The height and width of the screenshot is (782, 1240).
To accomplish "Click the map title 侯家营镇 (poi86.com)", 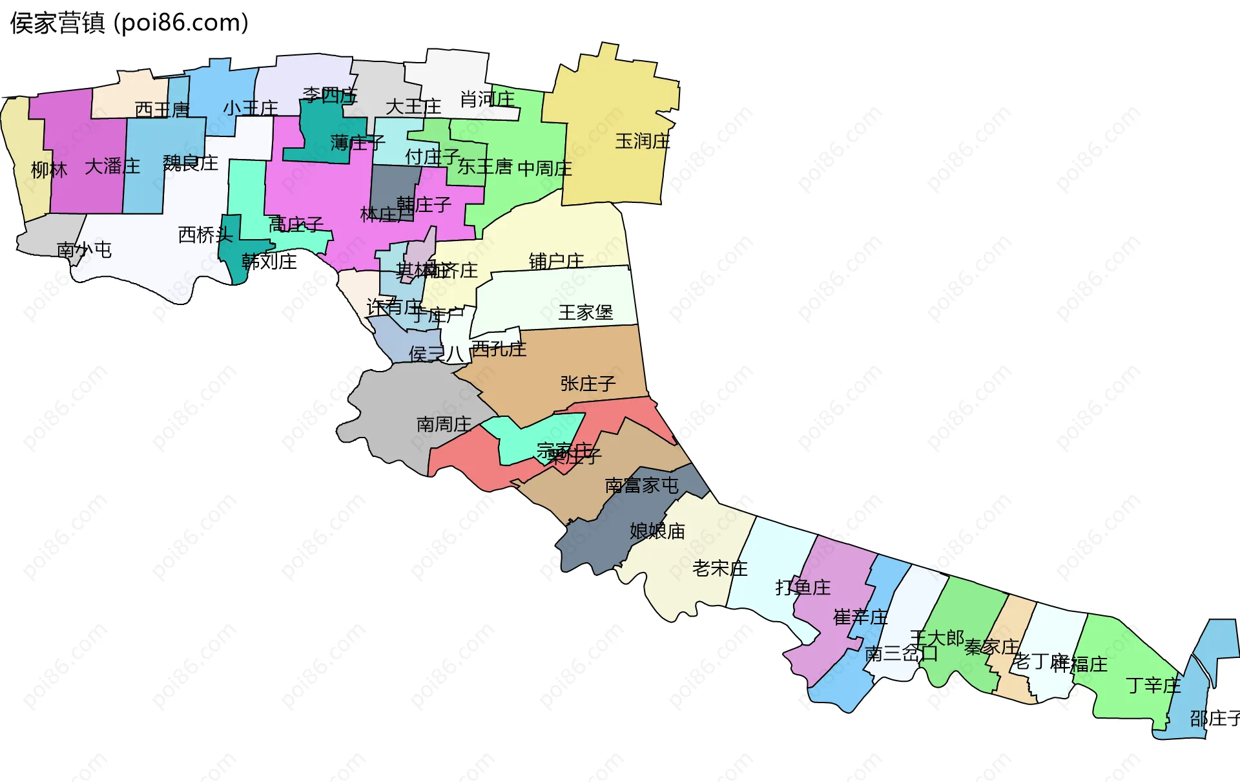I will click(129, 23).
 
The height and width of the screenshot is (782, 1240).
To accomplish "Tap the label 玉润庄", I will click(643, 141).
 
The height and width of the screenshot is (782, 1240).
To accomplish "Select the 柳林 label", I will click(49, 170).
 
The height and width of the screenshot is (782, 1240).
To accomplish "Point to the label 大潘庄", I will click(112, 166).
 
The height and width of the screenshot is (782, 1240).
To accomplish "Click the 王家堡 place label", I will click(586, 312).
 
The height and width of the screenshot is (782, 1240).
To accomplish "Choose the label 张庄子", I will click(588, 383).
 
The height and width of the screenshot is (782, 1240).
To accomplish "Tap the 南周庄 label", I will click(444, 424).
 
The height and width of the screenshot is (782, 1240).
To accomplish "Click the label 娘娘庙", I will click(657, 531).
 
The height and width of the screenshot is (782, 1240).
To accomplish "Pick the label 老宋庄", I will click(719, 568).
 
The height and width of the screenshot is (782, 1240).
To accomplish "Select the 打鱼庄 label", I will click(803, 587).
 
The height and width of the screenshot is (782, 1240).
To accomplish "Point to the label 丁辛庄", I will click(1153, 685).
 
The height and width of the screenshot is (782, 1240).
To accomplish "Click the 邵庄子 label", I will click(1214, 718).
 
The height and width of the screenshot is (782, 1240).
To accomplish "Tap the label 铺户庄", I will click(556, 261).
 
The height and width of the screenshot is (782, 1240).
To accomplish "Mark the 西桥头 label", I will click(205, 235).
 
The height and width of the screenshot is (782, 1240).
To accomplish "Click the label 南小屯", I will click(84, 249).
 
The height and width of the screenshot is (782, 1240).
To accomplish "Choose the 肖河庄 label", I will click(487, 99).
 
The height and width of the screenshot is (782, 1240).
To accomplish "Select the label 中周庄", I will click(544, 168).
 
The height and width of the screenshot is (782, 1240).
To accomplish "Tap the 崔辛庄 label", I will click(860, 617).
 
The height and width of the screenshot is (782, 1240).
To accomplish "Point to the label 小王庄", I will click(251, 108).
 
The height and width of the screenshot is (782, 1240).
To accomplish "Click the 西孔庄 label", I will click(499, 349).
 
